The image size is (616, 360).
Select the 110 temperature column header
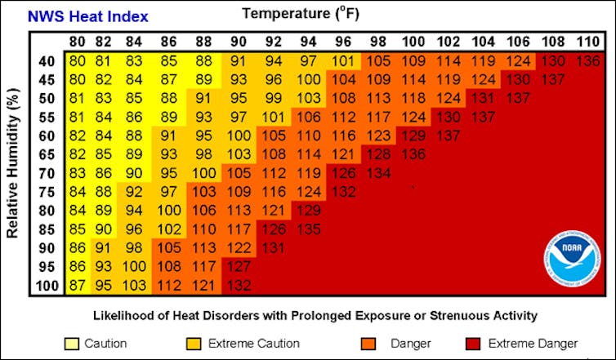point(586,42)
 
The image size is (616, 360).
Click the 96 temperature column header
point(343,42)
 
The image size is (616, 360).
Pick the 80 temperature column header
point(76,42)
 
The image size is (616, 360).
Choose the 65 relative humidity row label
point(47,153)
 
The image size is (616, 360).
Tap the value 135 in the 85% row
point(310,229)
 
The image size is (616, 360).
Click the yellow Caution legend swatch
point(71,344)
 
